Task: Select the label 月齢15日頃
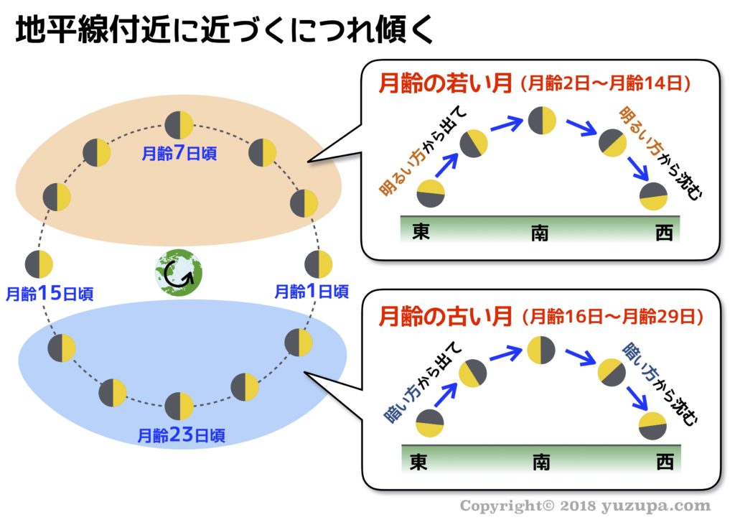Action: [x=49, y=293]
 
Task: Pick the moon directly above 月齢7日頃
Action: [x=179, y=125]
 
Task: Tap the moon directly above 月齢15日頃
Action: [x=39, y=264]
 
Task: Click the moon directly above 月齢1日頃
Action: [x=318, y=264]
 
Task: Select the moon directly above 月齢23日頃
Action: [x=179, y=406]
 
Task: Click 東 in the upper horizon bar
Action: [x=421, y=232]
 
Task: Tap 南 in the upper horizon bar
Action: [x=540, y=233]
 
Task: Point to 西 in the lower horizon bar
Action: [x=665, y=463]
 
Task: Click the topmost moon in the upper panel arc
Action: [x=542, y=121]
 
